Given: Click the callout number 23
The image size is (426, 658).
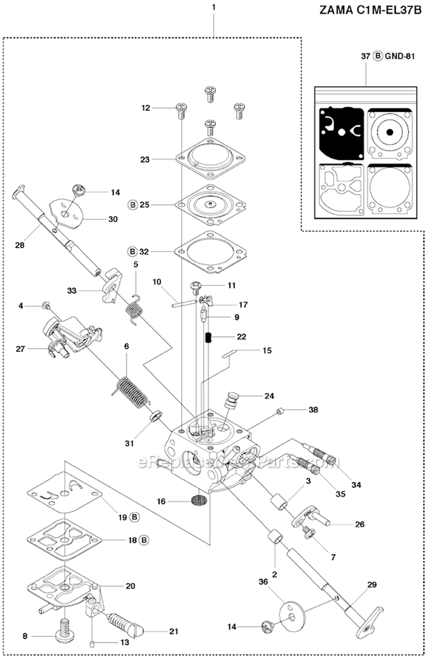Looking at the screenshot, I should tap(145, 160).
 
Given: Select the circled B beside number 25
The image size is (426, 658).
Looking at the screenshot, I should tap(133, 204).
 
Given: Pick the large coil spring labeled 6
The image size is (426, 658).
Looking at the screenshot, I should tap(130, 387).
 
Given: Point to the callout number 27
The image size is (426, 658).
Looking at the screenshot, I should tap(20, 349).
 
